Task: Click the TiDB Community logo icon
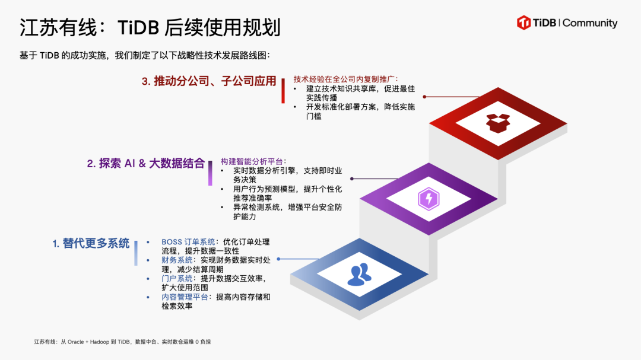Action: click(523, 23)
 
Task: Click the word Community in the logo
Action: click(590, 23)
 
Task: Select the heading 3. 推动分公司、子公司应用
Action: click(209, 81)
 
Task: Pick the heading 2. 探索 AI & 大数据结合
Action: click(145, 164)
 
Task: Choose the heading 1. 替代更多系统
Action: click(90, 243)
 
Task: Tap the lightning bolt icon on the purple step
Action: click(428, 198)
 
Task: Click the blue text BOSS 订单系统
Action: click(188, 242)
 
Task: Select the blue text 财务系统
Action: click(177, 260)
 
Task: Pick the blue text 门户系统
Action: click(177, 278)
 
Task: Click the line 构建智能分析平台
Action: click(252, 161)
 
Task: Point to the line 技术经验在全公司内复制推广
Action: click(345, 79)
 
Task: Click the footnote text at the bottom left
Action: click(122, 342)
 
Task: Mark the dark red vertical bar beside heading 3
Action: click(283, 91)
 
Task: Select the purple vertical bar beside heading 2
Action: click(210, 173)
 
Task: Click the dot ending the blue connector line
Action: click(278, 259)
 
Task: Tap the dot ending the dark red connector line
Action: click(424, 96)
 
